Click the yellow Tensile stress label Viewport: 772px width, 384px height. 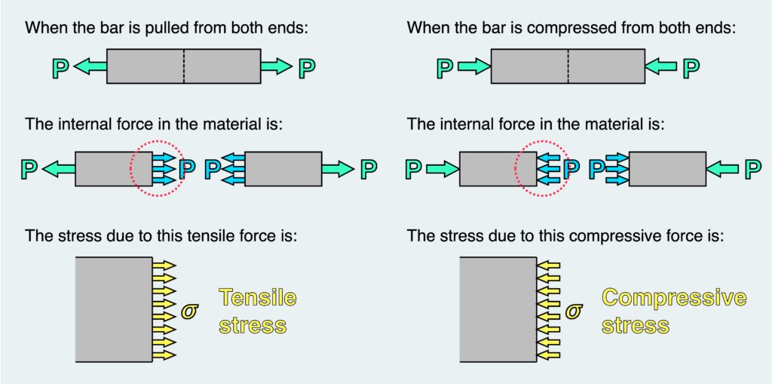tap(257, 312)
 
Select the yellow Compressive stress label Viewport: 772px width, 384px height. tap(674, 312)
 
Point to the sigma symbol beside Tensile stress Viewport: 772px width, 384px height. tap(191, 311)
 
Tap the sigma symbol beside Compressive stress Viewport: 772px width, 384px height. tap(574, 311)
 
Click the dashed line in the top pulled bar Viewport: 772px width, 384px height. tap(184, 66)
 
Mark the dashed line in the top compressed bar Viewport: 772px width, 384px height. tap(568, 66)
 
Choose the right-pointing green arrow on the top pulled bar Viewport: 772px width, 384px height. tap(276, 67)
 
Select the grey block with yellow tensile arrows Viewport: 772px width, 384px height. tap(114, 310)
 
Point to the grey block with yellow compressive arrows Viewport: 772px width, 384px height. tap(498, 310)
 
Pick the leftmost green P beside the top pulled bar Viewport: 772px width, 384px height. tap(61, 68)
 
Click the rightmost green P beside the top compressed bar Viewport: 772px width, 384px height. tap(691, 68)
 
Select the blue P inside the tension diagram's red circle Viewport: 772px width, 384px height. tap(187, 168)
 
